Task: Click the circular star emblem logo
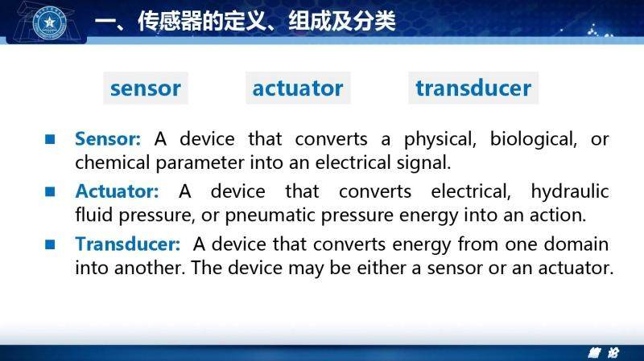coord(50,23)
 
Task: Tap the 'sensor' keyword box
coord(146,88)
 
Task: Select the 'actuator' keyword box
coord(298,88)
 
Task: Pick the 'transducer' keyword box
coord(473,88)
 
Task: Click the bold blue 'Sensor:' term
coord(108,139)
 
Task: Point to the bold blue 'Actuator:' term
coord(117,191)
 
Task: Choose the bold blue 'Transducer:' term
coord(128,244)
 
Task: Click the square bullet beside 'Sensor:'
coord(50,139)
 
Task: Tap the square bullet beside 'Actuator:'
coord(50,191)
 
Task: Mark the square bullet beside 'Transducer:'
coord(50,244)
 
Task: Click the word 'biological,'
coord(534,140)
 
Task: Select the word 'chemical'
coord(113,162)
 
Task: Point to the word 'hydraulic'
coord(570,192)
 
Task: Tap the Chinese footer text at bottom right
coord(603,352)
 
